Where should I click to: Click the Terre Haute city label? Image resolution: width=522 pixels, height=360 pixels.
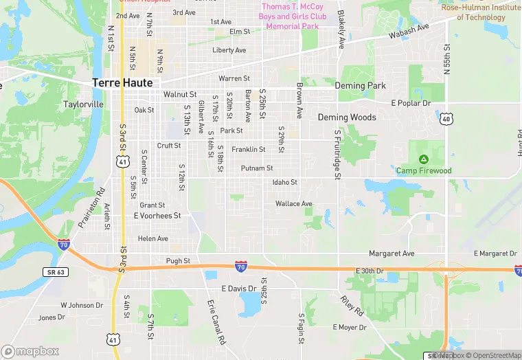(x=123, y=83)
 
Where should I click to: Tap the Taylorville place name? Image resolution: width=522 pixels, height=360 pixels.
(x=83, y=104)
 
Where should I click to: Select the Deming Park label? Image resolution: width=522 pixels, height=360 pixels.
(x=360, y=86)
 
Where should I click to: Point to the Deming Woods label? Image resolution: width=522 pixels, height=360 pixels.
(x=347, y=117)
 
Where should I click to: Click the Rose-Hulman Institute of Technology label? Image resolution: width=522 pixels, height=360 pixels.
(x=480, y=12)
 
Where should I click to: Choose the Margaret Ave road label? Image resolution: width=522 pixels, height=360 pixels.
(x=391, y=254)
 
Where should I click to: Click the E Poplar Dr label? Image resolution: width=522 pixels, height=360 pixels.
(x=411, y=103)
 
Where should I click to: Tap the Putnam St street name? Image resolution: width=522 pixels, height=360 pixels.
(x=257, y=168)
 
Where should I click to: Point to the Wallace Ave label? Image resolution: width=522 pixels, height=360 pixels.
(x=293, y=204)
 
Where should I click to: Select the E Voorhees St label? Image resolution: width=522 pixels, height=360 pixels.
(x=157, y=216)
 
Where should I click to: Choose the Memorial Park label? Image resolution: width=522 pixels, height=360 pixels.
(x=293, y=26)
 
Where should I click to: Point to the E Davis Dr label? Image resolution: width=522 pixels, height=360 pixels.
(x=239, y=288)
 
